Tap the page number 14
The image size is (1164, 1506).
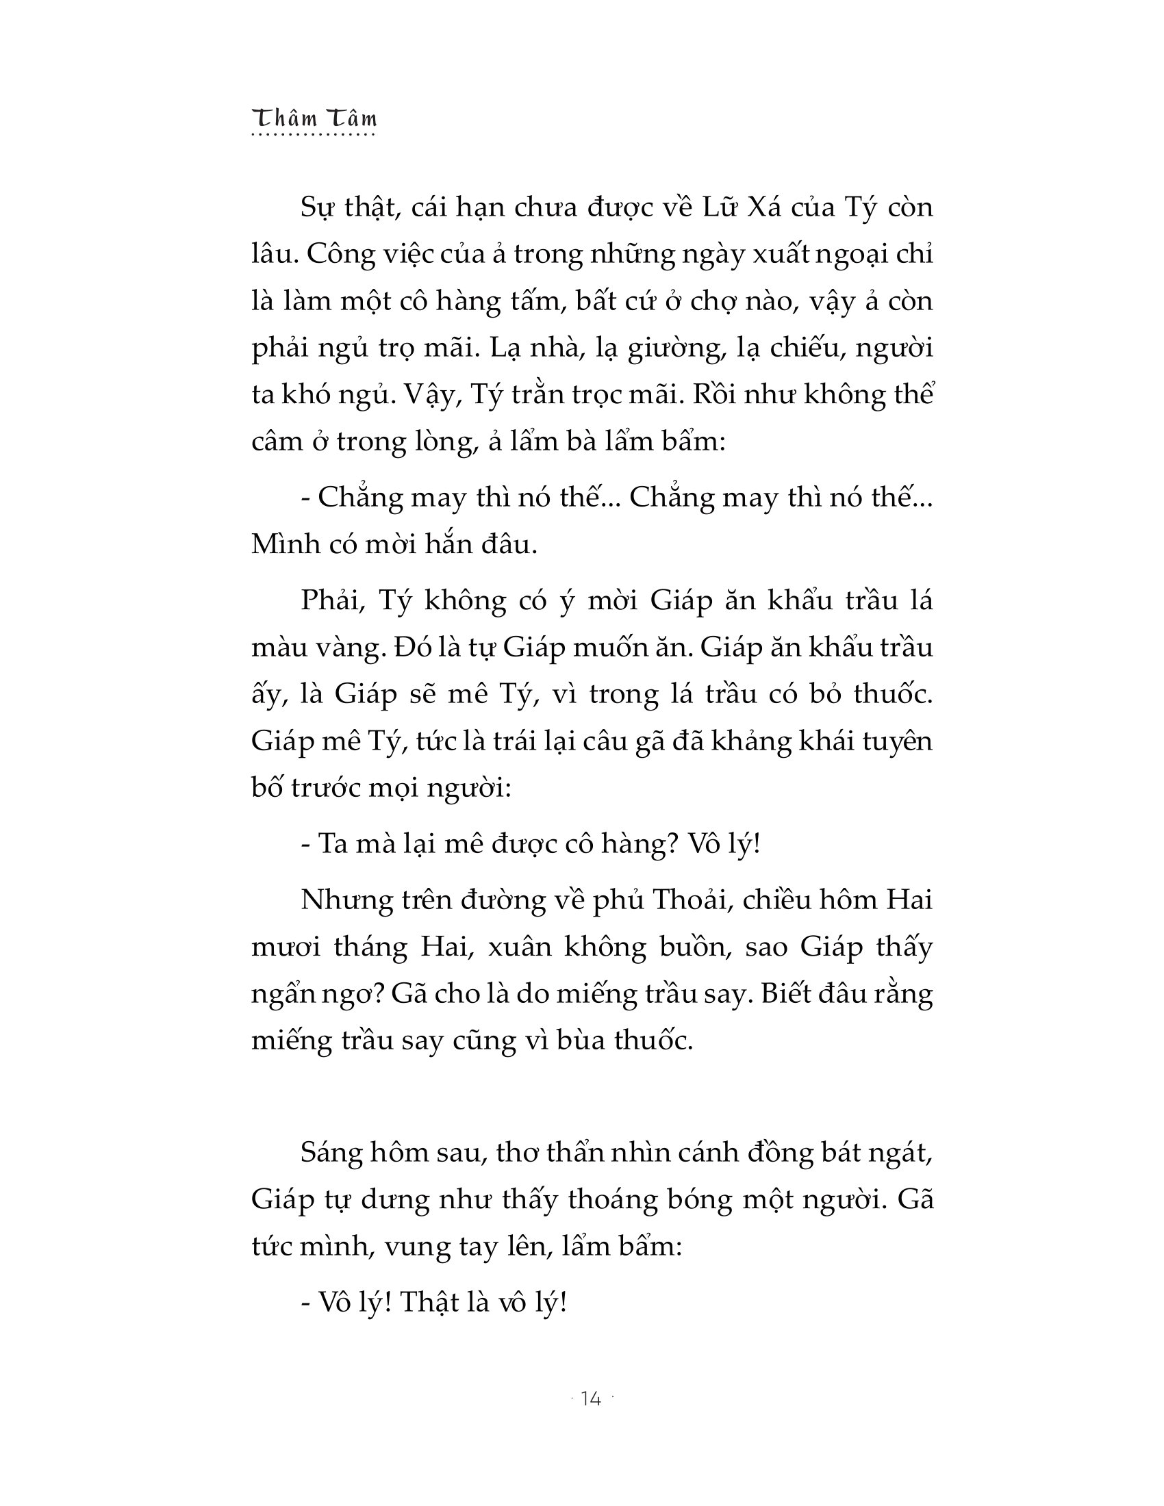[591, 1399]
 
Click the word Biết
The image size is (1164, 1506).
[789, 994]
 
